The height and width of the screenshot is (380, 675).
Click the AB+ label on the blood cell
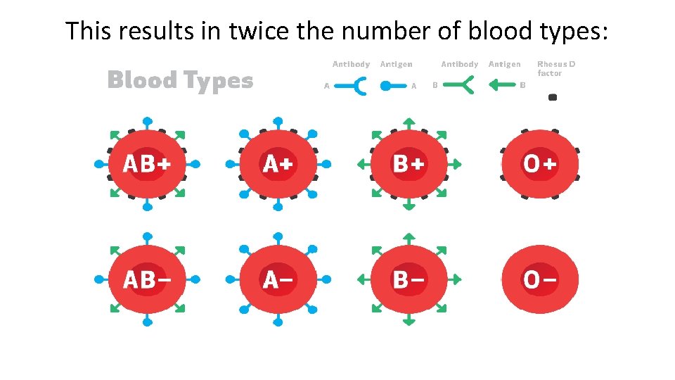point(148,164)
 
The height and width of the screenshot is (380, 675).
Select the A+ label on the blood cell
point(278,164)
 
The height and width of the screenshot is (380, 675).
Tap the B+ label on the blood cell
point(409,164)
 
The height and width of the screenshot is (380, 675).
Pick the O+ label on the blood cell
point(539,164)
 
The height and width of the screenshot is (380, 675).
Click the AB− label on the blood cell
point(148,279)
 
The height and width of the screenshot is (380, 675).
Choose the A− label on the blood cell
point(278,279)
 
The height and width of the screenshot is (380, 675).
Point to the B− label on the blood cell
point(409,279)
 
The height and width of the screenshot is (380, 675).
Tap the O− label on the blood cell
point(539,279)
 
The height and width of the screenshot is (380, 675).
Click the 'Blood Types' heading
point(180,80)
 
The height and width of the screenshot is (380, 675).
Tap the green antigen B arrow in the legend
point(502,86)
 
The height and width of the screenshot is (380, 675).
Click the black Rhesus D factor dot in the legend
point(553,97)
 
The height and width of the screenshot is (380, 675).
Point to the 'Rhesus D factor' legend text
point(555,68)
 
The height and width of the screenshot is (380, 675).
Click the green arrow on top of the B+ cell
point(409,122)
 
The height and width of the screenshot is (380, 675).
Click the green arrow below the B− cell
point(409,322)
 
